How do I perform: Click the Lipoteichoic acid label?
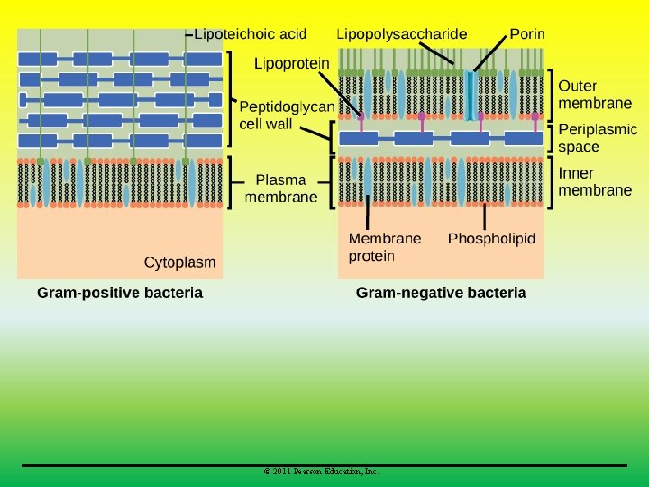tap(251, 34)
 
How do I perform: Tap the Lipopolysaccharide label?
tap(401, 34)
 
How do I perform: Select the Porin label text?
tap(526, 34)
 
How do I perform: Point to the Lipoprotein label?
tap(292, 64)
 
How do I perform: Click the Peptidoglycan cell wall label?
tap(287, 115)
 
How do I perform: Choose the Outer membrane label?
tap(595, 95)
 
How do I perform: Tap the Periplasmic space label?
tap(597, 138)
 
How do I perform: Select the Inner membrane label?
tap(595, 181)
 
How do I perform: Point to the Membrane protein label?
tap(384, 247)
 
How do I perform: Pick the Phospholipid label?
tap(491, 239)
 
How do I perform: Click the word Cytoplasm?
tap(180, 262)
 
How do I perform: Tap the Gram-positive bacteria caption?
tap(120, 292)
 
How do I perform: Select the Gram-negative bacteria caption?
tap(441, 292)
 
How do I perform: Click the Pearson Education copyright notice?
tap(321, 472)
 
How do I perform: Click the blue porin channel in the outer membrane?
tap(470, 95)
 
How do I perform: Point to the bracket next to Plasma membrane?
tap(232, 182)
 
